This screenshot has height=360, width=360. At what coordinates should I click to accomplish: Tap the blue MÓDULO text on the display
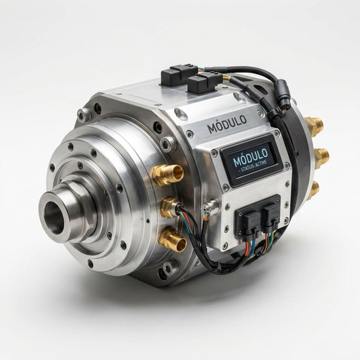(x=251, y=158)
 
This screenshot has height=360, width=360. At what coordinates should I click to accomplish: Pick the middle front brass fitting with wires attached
(x=170, y=207)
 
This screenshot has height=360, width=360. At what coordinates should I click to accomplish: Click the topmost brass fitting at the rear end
(x=314, y=126)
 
